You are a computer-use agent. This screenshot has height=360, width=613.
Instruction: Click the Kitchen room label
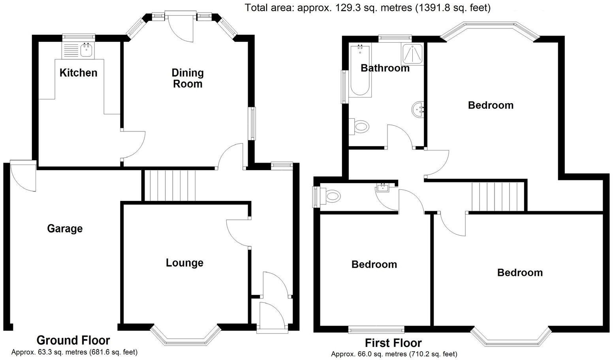coord(78,73)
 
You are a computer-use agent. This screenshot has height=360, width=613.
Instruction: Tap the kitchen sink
coord(86,50)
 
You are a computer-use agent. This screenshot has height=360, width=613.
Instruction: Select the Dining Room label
coord(188,78)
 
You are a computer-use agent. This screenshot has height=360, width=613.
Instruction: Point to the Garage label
coord(65,229)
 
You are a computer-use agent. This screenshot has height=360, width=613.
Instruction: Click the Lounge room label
coord(184,263)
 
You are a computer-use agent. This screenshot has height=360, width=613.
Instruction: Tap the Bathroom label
coord(385,68)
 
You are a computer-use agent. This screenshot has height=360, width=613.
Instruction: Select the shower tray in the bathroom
coord(412,54)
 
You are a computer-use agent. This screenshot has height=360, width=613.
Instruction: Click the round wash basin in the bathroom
coord(418,109)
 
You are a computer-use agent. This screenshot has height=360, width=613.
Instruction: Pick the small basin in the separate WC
coord(383,187)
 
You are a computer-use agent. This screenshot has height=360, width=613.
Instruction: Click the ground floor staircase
coord(170,186)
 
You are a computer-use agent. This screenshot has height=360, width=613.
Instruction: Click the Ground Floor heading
coord(73,340)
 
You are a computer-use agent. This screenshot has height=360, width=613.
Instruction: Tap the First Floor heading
coord(393,343)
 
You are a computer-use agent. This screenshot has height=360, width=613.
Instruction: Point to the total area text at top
coord(367,7)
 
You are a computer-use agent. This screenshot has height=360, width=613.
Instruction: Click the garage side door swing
coord(23,176)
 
